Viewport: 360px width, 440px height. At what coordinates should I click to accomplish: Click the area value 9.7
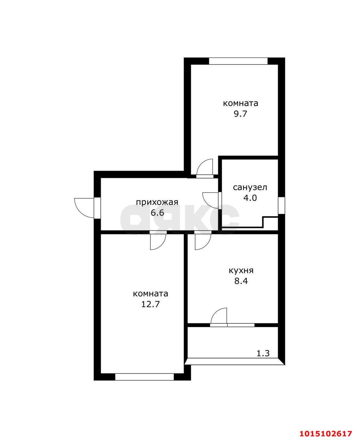click(240, 114)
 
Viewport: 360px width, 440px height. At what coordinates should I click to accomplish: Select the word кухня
click(241, 271)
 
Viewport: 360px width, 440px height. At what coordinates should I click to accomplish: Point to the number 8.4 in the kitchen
click(241, 281)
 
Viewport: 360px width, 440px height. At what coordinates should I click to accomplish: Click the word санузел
click(250, 188)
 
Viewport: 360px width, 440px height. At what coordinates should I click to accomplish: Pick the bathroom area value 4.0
click(250, 198)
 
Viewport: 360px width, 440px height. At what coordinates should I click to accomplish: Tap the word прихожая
click(157, 202)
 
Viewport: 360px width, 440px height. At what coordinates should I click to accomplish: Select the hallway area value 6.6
click(158, 213)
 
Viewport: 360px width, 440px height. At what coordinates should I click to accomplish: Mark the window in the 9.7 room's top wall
click(238, 61)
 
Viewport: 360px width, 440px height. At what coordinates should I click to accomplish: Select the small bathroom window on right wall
click(281, 205)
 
